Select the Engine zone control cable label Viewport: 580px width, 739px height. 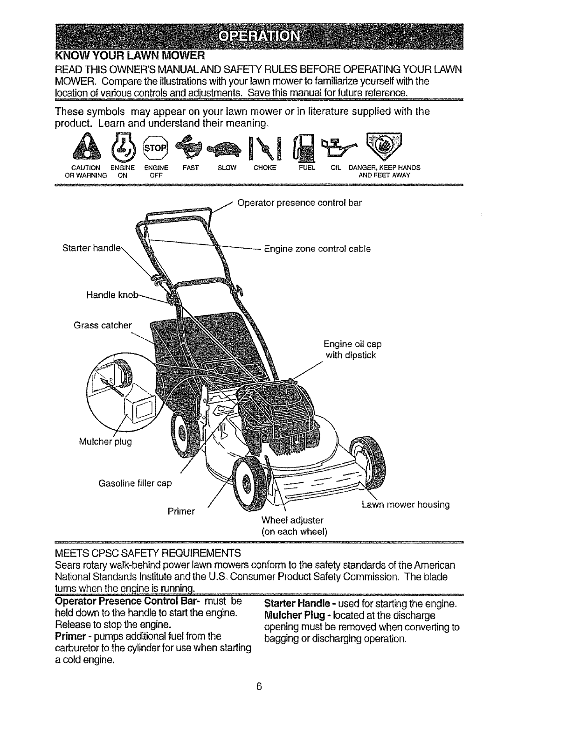tap(317, 249)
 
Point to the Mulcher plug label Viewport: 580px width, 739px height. tap(105, 441)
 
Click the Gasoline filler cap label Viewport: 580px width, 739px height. tap(135, 483)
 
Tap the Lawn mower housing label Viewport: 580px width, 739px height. tap(406, 504)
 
